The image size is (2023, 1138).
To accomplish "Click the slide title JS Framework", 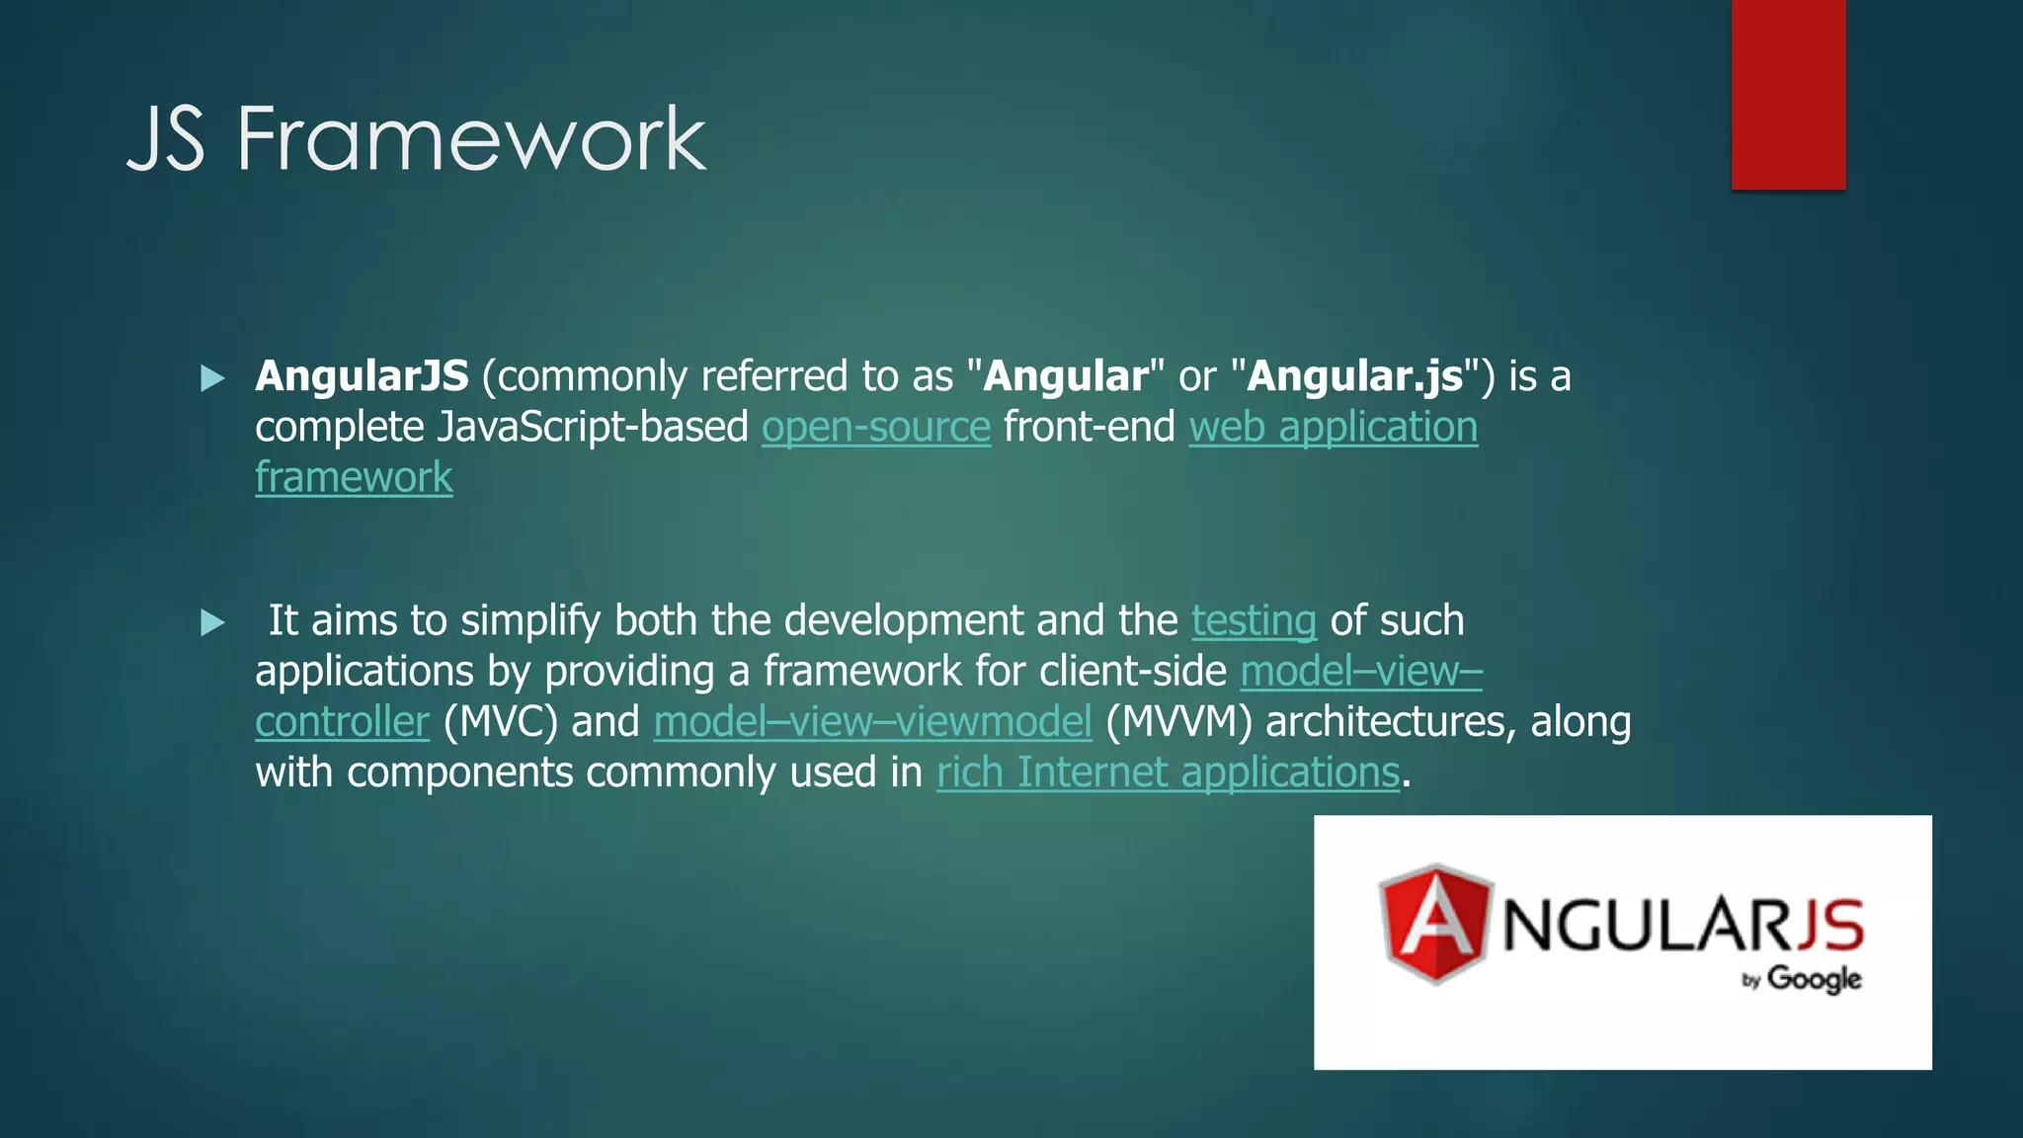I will [416, 139].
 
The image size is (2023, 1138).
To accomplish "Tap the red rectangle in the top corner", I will [1788, 94].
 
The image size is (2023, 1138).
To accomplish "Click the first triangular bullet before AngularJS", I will [212, 378].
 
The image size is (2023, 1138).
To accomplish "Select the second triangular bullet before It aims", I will [212, 622].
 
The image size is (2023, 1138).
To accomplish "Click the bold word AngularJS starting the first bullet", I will [362, 376].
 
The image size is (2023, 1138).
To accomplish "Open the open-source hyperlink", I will [875, 428].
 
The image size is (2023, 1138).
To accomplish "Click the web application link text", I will [1333, 428].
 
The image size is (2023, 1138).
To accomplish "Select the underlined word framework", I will [354, 478].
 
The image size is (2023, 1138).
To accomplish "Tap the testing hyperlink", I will [1254, 621].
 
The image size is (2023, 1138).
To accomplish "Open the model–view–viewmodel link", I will [872, 722].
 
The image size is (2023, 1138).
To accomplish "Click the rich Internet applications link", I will [1168, 772].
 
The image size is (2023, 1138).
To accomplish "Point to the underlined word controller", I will [342, 722].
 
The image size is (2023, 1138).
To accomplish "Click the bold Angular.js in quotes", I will [1355, 376].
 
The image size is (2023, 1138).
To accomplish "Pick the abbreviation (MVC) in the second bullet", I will [500, 722].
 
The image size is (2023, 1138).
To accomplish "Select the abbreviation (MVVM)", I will [1178, 722].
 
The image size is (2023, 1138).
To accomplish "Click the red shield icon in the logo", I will [1434, 925].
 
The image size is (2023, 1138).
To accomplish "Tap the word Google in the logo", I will [1814, 979].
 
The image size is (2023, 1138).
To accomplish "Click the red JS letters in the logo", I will [1828, 925].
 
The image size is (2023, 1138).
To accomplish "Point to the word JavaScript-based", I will [593, 428].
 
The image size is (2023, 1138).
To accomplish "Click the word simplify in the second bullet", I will [530, 621].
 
